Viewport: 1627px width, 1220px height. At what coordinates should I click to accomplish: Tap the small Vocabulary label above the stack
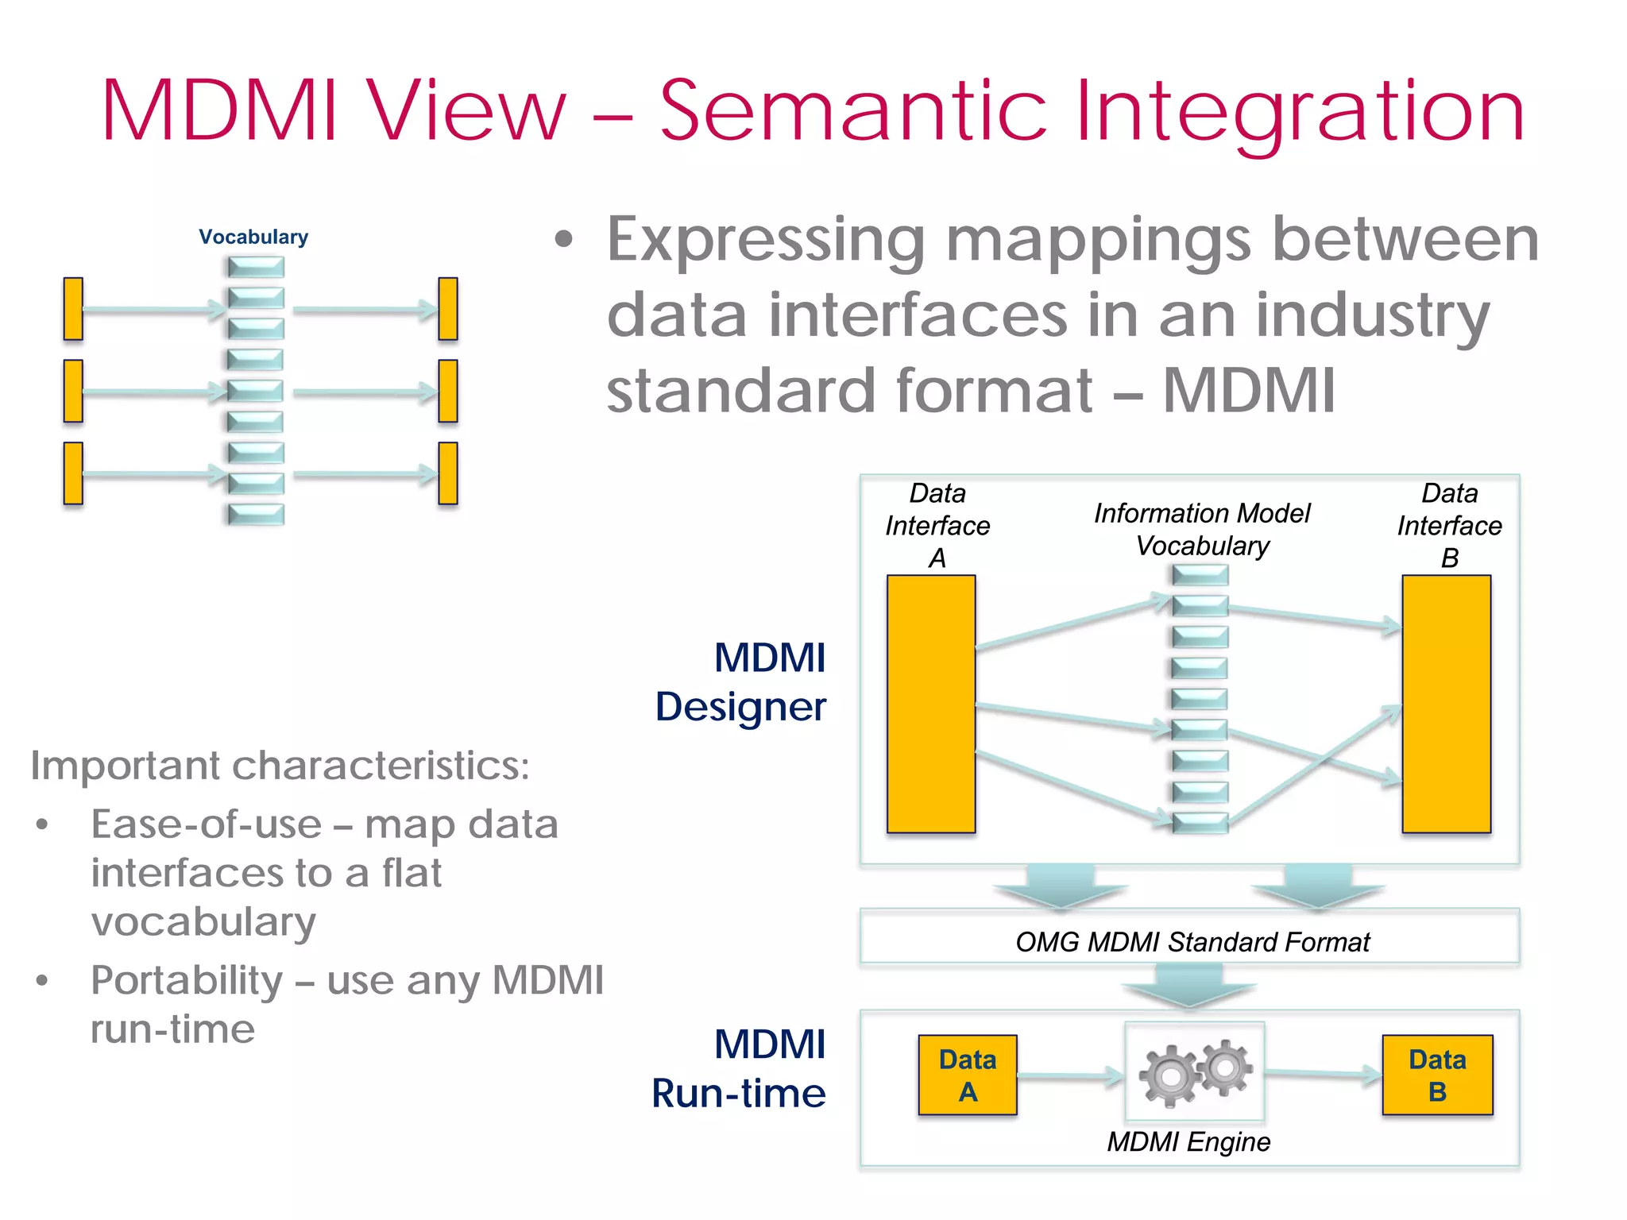(x=253, y=237)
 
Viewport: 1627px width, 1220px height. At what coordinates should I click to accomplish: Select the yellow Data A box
(x=968, y=1075)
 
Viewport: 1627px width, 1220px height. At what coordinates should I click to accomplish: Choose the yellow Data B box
(x=1437, y=1075)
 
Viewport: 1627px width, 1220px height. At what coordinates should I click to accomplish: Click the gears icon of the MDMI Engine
(x=1196, y=1072)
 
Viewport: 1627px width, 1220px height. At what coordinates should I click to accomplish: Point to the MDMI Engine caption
(x=1188, y=1142)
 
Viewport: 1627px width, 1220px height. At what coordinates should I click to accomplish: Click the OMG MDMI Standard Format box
(x=1189, y=936)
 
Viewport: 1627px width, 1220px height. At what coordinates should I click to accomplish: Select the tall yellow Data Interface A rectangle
(x=931, y=704)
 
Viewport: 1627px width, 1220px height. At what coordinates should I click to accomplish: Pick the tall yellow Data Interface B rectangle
(x=1447, y=704)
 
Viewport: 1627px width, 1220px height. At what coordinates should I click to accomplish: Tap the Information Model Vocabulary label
(x=1202, y=530)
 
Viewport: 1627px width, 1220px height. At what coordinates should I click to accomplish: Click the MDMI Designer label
(x=741, y=681)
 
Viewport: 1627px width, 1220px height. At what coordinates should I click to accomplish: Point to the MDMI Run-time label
(x=739, y=1068)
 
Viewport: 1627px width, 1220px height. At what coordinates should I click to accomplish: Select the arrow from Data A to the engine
(x=1071, y=1076)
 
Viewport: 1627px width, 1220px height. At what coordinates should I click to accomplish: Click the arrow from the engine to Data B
(x=1324, y=1075)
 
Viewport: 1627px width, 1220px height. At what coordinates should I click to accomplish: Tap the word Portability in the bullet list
(x=187, y=982)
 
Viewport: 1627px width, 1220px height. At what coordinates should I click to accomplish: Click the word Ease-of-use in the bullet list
(x=206, y=824)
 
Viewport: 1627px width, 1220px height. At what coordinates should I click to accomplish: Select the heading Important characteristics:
(x=280, y=766)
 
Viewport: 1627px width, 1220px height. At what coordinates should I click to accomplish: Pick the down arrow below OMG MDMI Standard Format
(x=1189, y=985)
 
